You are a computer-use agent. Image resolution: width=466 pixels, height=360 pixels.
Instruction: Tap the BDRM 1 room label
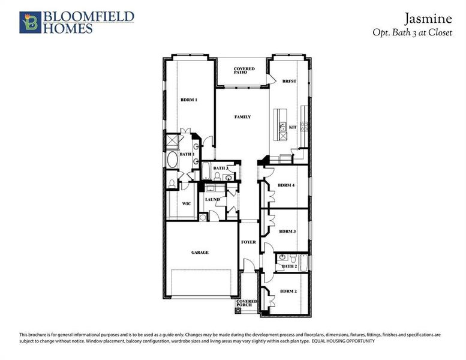pyautogui.click(x=189, y=100)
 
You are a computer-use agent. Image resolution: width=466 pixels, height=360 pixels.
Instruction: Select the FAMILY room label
pyautogui.click(x=242, y=117)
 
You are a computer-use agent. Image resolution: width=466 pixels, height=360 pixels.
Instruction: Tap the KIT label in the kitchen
pyautogui.click(x=293, y=127)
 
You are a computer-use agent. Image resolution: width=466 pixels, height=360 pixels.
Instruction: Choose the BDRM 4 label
pyautogui.click(x=286, y=185)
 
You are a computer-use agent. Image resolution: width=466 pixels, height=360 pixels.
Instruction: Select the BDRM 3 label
pyautogui.click(x=287, y=231)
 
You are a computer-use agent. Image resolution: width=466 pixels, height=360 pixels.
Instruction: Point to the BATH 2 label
pyautogui.click(x=289, y=266)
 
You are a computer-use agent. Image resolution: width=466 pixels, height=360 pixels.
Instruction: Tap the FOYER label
pyautogui.click(x=248, y=242)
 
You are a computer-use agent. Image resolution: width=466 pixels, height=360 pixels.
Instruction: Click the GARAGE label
pyautogui.click(x=200, y=253)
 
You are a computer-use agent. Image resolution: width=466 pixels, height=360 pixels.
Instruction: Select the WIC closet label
pyautogui.click(x=187, y=204)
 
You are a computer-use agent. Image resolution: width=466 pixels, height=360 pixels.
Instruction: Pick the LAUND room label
pyautogui.click(x=212, y=199)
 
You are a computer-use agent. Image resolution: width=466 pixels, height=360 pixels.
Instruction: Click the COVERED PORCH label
pyautogui.click(x=246, y=303)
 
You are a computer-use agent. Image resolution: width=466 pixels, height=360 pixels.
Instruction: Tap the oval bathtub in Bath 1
pyautogui.click(x=172, y=160)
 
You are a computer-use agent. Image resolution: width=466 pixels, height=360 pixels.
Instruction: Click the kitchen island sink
pyautogui.click(x=282, y=127)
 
